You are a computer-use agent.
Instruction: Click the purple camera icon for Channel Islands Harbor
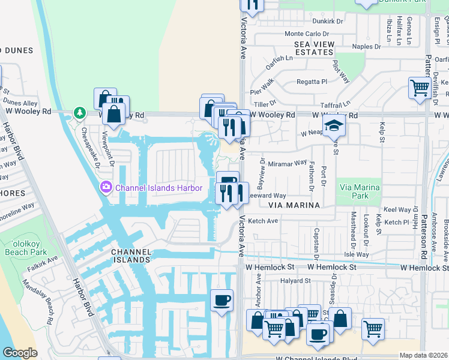coord(107,188)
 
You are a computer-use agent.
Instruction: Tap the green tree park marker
coord(79,113)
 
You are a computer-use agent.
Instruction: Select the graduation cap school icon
coord(331,126)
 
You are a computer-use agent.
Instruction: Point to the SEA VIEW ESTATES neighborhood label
coord(318,49)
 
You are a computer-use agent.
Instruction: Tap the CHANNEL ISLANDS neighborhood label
coord(130,256)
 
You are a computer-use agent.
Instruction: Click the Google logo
coord(20,353)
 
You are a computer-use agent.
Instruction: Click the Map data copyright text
coord(424,355)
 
